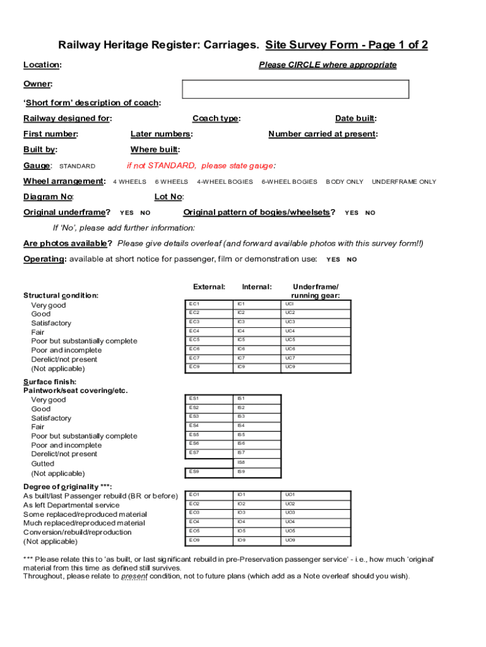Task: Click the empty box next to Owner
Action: point(295,89)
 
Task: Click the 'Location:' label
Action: point(42,64)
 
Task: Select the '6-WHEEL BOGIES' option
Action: point(289,182)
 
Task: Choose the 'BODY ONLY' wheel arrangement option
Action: point(344,182)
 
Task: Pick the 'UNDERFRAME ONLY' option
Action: point(403,182)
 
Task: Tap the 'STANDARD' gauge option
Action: point(77,166)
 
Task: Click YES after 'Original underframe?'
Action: point(126,213)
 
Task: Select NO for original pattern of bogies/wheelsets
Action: point(370,213)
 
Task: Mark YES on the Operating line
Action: point(333,259)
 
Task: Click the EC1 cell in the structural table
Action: point(208,304)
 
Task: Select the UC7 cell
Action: point(316,358)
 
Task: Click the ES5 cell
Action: point(208,435)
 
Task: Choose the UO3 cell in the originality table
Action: point(316,512)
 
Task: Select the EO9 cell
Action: point(208,540)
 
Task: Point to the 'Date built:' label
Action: point(356,118)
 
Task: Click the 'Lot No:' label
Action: point(169,197)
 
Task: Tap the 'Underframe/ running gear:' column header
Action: point(315,291)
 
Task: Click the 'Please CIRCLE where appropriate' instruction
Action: point(328,64)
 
